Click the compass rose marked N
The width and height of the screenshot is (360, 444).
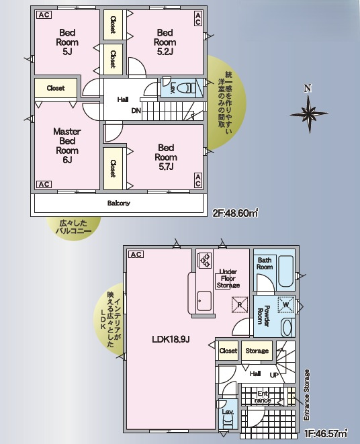tap(308, 111)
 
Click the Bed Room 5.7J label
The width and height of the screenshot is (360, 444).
tap(166, 157)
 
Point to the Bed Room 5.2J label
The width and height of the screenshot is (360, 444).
tap(165, 41)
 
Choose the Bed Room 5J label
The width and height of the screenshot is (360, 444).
tap(67, 41)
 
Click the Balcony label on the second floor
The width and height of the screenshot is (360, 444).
tap(118, 203)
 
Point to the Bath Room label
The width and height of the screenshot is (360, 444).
tap(265, 264)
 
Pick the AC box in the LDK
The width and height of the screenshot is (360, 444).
tap(134, 255)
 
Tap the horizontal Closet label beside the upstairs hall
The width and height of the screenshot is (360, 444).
tap(56, 88)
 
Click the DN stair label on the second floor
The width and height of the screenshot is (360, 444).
tap(136, 111)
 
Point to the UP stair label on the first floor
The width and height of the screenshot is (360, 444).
tap(274, 373)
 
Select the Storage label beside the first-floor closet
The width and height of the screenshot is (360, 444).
tap(257, 351)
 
